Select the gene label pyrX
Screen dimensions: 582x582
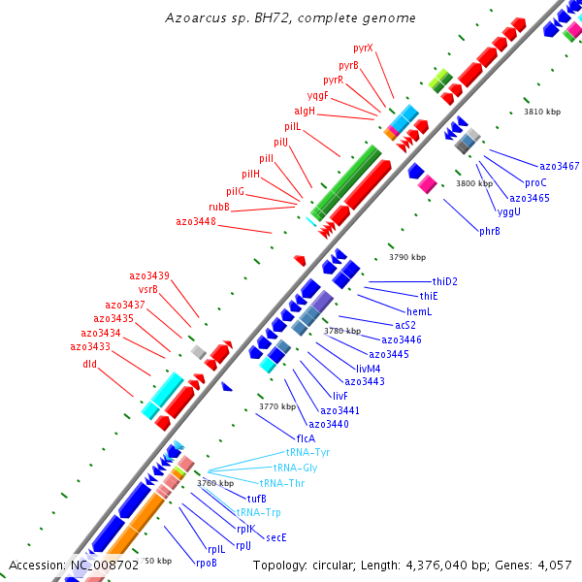(x=364, y=48)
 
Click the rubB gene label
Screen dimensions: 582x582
(x=219, y=207)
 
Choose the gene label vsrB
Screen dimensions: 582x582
(x=148, y=289)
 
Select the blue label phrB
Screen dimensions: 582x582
(x=490, y=231)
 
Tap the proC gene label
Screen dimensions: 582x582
(x=536, y=182)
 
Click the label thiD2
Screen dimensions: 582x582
(x=445, y=281)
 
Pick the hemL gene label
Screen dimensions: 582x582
(x=419, y=310)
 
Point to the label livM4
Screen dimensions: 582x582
(x=369, y=369)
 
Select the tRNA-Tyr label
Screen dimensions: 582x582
(x=307, y=453)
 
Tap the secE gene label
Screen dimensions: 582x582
(x=276, y=537)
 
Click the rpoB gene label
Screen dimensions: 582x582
(x=207, y=563)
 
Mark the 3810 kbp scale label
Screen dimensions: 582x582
(x=542, y=112)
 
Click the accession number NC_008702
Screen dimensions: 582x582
(x=104, y=565)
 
